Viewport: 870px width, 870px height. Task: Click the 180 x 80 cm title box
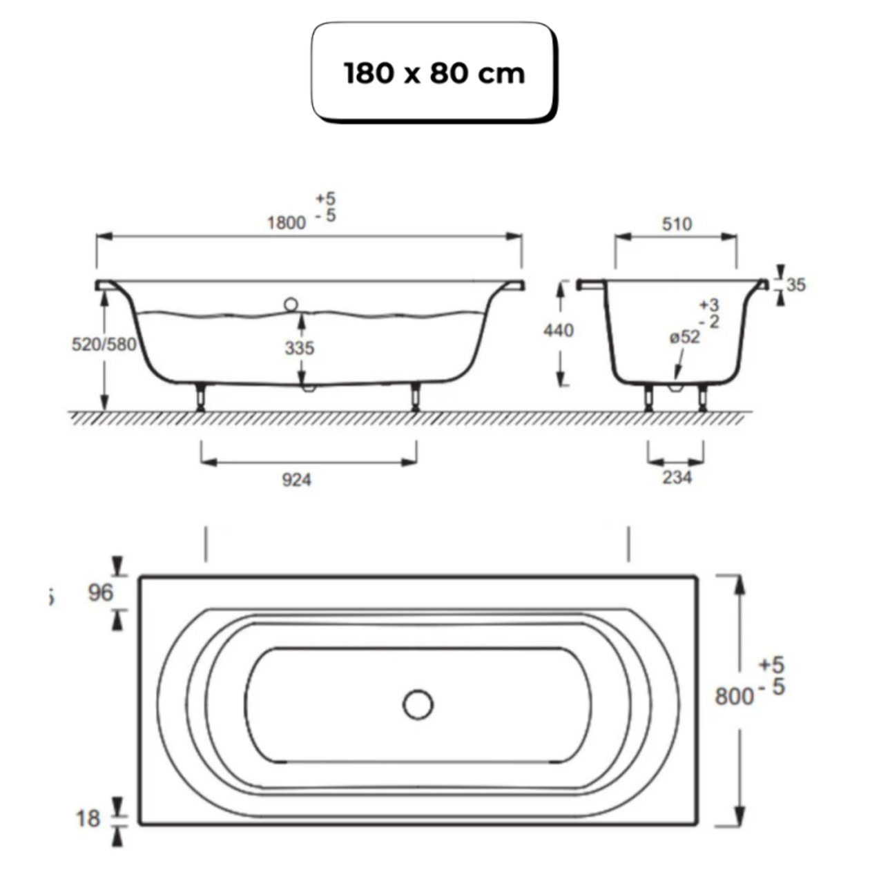tap(434, 72)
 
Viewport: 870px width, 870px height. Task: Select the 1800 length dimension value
tap(286, 222)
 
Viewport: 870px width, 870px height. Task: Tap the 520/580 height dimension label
tap(104, 344)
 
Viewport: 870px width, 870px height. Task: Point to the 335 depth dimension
tap(299, 348)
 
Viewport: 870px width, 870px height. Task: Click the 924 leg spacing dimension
tap(296, 479)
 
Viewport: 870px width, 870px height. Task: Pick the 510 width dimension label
tap(676, 224)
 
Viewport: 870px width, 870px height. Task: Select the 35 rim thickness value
tap(795, 284)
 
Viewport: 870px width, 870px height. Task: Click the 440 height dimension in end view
tap(558, 331)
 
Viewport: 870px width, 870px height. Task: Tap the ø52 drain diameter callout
tap(684, 337)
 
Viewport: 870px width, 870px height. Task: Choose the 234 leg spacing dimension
tap(677, 477)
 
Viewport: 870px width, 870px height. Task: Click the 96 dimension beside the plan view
tap(101, 592)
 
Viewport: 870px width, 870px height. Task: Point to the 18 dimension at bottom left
tap(88, 819)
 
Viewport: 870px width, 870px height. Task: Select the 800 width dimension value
tap(734, 696)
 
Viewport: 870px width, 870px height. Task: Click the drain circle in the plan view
tap(418, 705)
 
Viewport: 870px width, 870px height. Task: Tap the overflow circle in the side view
tap(291, 304)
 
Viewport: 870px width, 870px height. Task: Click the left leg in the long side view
tap(200, 397)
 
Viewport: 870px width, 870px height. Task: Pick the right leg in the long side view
tap(415, 397)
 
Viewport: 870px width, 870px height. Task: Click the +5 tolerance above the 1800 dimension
tap(326, 199)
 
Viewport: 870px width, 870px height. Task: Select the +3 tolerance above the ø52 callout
tap(708, 305)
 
